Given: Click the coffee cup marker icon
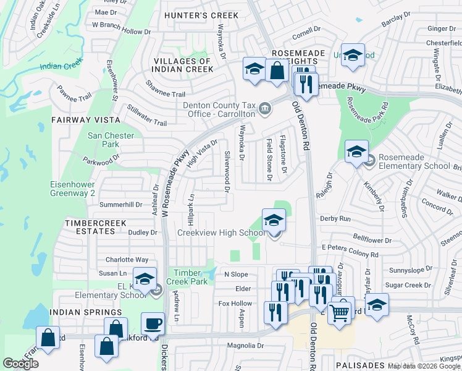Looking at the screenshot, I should coord(153,323).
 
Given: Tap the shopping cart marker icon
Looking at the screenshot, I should coord(340,313).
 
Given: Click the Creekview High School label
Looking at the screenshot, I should coord(221,232).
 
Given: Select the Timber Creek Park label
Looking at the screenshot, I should coord(191,276).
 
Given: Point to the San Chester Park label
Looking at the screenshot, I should coord(103,140).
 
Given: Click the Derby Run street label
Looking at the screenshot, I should coord(335,219).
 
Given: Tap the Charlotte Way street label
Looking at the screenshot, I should coord(127,260).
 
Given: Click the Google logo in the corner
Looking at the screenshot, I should coord(20,364).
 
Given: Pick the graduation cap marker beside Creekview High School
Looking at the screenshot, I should coord(274,220).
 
